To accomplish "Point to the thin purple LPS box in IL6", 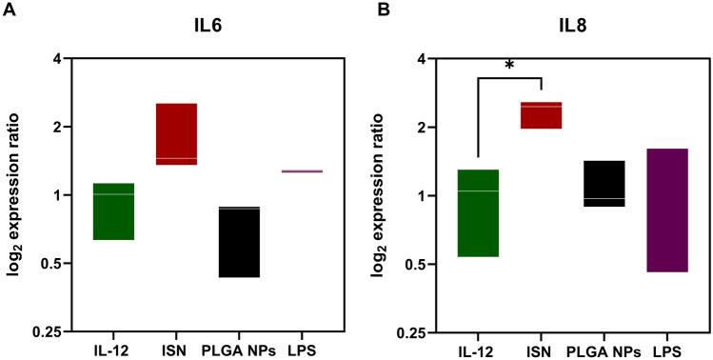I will [x=302, y=171].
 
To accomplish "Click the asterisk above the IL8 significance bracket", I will [x=509, y=65].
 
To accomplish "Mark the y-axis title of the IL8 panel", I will [x=383, y=195].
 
